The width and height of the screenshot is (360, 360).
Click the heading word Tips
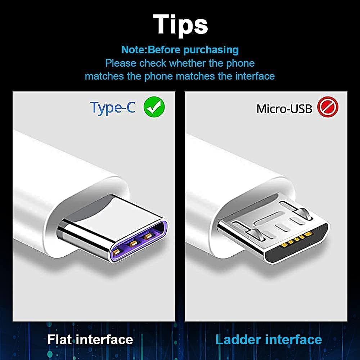(x=180, y=24)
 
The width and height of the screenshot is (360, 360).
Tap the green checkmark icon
(x=154, y=107)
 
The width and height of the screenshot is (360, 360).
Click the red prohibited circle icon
(x=328, y=107)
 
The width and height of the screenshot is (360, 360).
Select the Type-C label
(x=113, y=107)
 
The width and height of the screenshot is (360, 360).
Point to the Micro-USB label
(x=284, y=109)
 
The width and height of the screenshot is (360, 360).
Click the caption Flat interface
(x=90, y=339)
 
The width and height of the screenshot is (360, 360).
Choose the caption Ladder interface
(x=269, y=339)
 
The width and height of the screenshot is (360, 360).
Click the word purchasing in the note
(x=211, y=49)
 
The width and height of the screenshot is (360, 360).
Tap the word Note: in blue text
(x=134, y=49)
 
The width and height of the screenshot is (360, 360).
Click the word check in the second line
(x=153, y=63)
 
